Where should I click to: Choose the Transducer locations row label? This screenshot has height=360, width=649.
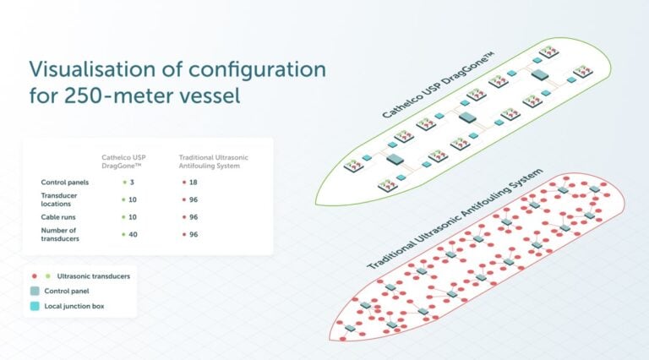(x=60, y=199)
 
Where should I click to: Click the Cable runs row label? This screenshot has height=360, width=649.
(x=60, y=216)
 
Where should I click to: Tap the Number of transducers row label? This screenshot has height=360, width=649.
(x=60, y=234)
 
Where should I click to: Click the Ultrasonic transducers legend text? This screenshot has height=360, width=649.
(x=93, y=276)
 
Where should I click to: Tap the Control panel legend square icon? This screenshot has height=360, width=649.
(x=35, y=291)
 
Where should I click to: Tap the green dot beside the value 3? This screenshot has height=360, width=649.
(x=124, y=182)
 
